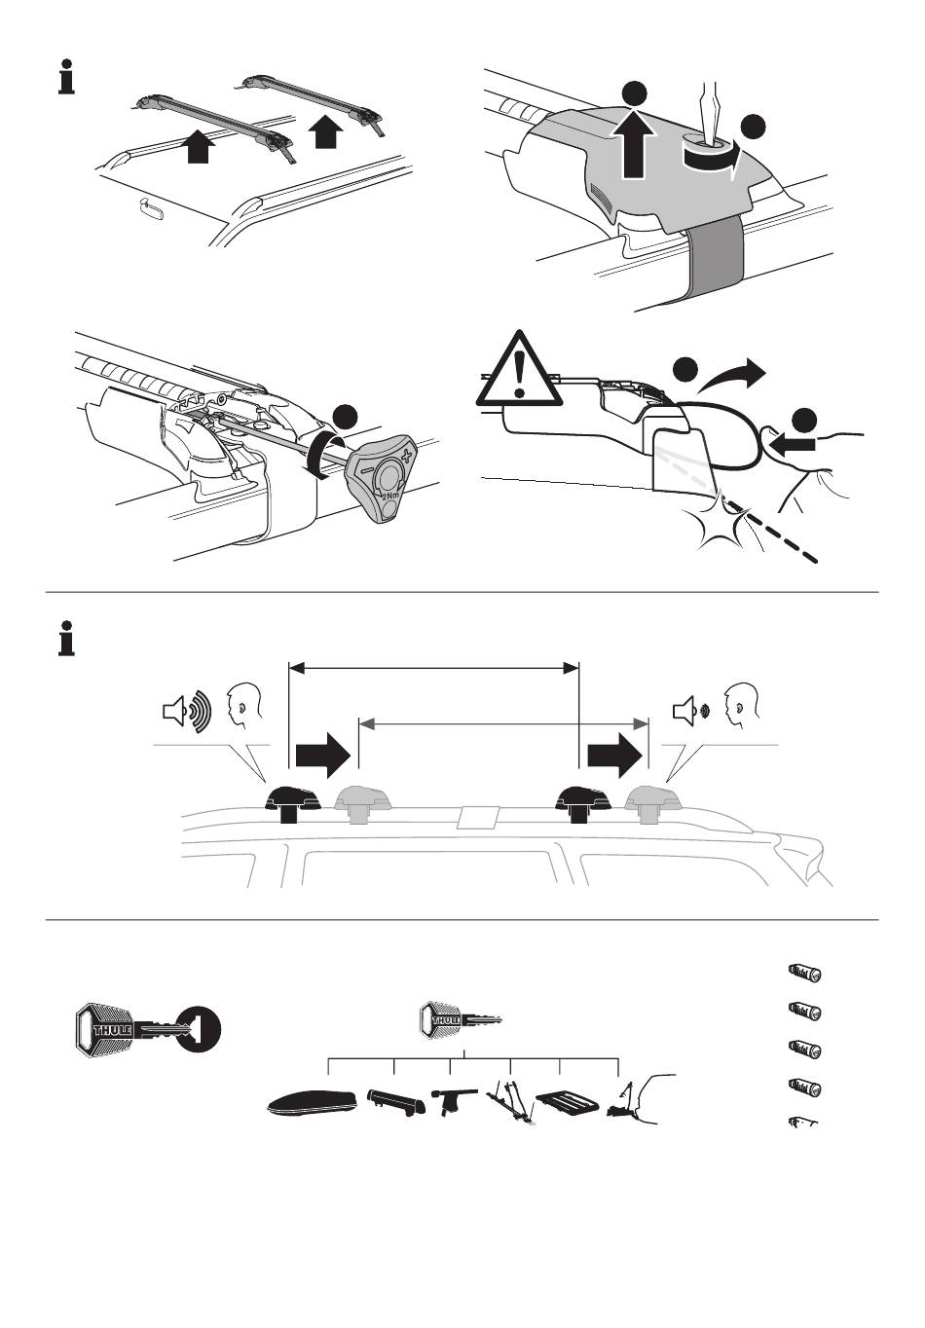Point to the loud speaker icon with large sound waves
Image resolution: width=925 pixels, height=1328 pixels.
coord(185,711)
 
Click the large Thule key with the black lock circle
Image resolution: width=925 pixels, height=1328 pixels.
coord(146,1029)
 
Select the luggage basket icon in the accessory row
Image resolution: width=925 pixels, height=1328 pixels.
coord(567,1104)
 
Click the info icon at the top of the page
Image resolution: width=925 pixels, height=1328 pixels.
coord(66,78)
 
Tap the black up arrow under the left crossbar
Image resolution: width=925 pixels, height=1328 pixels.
coord(199,147)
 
